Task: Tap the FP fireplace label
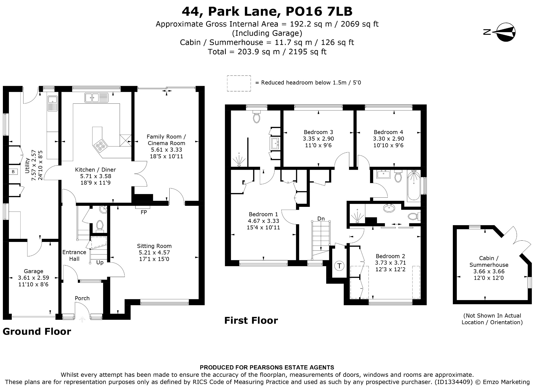coord(144,212)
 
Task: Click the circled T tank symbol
coord(340,266)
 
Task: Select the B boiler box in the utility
coord(13,172)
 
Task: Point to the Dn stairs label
coord(321,219)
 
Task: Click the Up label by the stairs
coord(100,262)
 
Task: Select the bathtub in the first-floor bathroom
coord(414,186)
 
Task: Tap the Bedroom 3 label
coord(318,132)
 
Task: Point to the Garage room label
coord(34,271)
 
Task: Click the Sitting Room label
coord(154,246)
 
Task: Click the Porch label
coord(82,298)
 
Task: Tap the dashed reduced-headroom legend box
coord(239,83)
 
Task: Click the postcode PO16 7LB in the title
coord(319,11)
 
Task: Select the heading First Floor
coord(251,320)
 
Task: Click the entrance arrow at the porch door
coord(82,319)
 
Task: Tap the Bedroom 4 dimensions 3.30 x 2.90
coord(388,139)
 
